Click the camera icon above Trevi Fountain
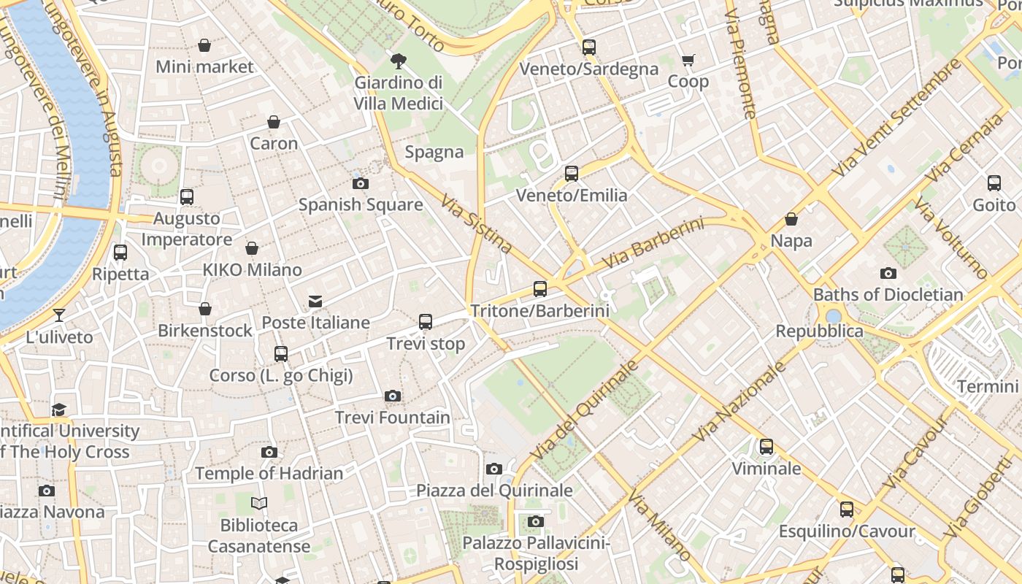coord(393,396)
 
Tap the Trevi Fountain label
coord(393,418)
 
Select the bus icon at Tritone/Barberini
coord(540,289)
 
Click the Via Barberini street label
coord(653,242)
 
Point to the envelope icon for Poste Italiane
coord(315,301)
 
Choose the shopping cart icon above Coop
coord(688,60)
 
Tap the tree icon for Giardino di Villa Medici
coord(399,61)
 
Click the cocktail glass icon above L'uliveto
coord(59,315)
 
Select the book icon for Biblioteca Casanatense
coord(259,503)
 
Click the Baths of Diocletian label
coord(888,295)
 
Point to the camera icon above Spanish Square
coord(361,183)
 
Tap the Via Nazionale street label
coord(739,401)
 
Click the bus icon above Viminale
coord(766,447)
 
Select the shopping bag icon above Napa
coord(791,219)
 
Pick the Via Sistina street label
coord(477,222)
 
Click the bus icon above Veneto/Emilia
coord(572,174)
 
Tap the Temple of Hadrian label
coord(269,473)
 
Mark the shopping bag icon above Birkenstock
coord(205,310)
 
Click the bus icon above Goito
coord(994,183)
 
